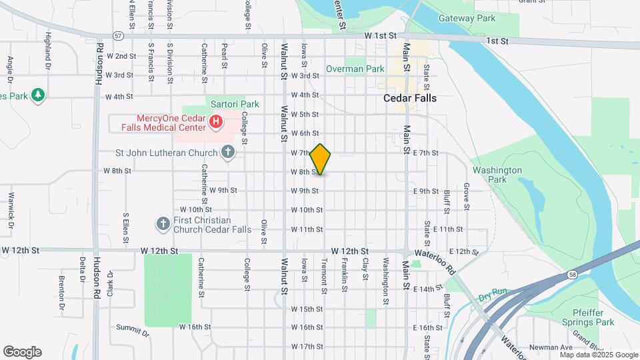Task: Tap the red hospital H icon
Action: [x=216, y=121]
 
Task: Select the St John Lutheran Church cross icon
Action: [x=228, y=153]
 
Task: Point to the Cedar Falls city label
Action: [x=410, y=98]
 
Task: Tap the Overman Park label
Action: [x=355, y=69]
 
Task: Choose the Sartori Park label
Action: [x=234, y=104]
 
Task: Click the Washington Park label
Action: [x=497, y=175]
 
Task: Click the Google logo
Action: [x=22, y=352]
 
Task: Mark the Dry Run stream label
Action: [x=493, y=292]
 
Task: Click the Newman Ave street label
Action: [x=551, y=347]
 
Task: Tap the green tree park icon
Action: [x=39, y=95]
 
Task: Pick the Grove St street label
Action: [x=467, y=194]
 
